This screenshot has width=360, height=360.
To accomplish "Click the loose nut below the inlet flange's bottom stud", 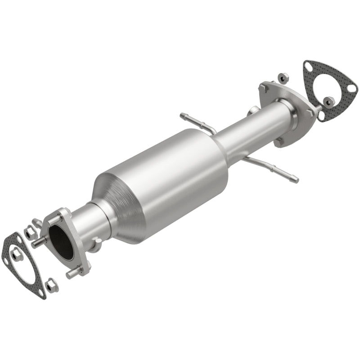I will point(52,285).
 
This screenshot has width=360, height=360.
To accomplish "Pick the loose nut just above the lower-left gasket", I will point(31,232).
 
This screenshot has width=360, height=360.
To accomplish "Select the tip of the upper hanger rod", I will point(182,116).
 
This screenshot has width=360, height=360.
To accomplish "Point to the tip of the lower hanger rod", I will point(295,180).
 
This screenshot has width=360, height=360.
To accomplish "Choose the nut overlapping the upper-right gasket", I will point(330,99).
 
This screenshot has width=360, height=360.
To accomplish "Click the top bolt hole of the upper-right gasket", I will point(308,67).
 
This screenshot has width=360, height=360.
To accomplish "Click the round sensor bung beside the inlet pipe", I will point(95,245).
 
